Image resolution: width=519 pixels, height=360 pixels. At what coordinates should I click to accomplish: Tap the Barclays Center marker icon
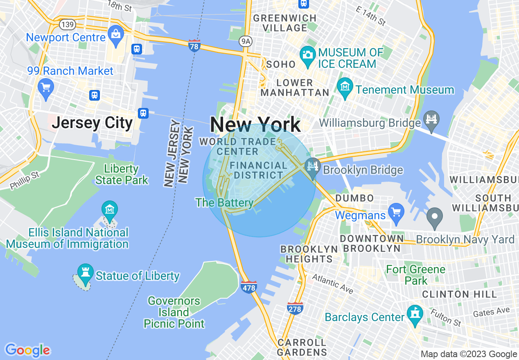pyautogui.click(x=415, y=315)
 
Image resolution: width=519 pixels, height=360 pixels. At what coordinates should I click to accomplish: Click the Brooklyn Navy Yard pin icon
pyautogui.click(x=435, y=216)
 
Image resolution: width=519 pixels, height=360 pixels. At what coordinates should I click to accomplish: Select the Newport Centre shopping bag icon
pyautogui.click(x=116, y=35)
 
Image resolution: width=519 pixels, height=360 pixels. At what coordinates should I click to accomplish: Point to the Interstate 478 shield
pyautogui.click(x=249, y=287)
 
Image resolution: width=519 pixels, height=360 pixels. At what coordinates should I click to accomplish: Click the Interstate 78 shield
pyautogui.click(x=194, y=46)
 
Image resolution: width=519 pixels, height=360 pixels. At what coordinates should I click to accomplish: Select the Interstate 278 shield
pyautogui.click(x=295, y=308)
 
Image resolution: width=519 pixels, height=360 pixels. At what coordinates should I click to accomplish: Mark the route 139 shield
pyautogui.click(x=67, y=24)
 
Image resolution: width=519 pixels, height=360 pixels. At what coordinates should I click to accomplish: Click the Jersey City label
pyautogui.click(x=93, y=122)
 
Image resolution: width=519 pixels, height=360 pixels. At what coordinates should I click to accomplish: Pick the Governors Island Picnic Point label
pyautogui.click(x=174, y=313)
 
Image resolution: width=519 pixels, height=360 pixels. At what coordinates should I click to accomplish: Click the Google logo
pyautogui.click(x=27, y=350)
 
